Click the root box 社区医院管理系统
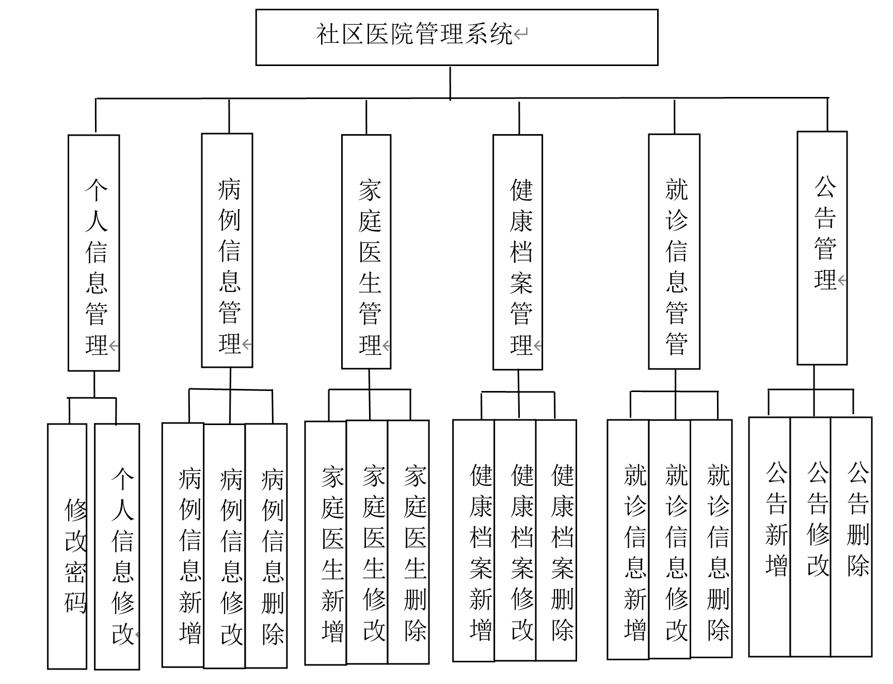(457, 37)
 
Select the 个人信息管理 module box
(94, 253)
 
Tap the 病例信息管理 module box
(227, 251)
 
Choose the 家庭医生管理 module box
(366, 252)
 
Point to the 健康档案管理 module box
(518, 252)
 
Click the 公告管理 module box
(822, 248)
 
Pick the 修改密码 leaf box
(67, 546)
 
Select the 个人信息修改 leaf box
(117, 547)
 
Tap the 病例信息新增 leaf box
(183, 545)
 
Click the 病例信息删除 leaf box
(266, 546)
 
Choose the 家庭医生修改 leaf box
(367, 542)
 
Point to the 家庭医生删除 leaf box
(408, 542)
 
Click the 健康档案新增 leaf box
(474, 541)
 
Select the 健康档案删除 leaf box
(556, 541)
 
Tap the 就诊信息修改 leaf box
(670, 540)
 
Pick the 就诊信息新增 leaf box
(628, 540)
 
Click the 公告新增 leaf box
(770, 537)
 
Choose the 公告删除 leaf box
(852, 537)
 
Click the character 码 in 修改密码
(75, 601)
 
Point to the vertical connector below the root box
(450, 82)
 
